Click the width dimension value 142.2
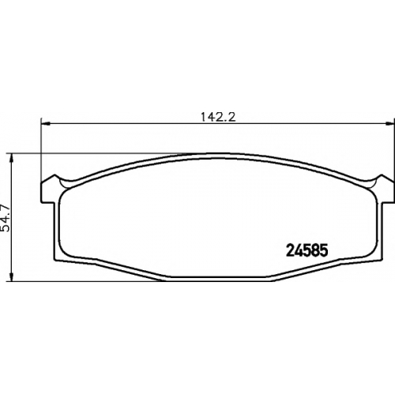click(218, 117)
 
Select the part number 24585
click(307, 250)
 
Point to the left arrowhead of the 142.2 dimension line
click(46, 123)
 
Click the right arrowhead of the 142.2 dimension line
click(390, 123)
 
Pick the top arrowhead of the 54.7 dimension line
click(11, 157)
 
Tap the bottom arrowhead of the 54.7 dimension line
click(11, 277)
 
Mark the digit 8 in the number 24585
click(315, 250)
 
